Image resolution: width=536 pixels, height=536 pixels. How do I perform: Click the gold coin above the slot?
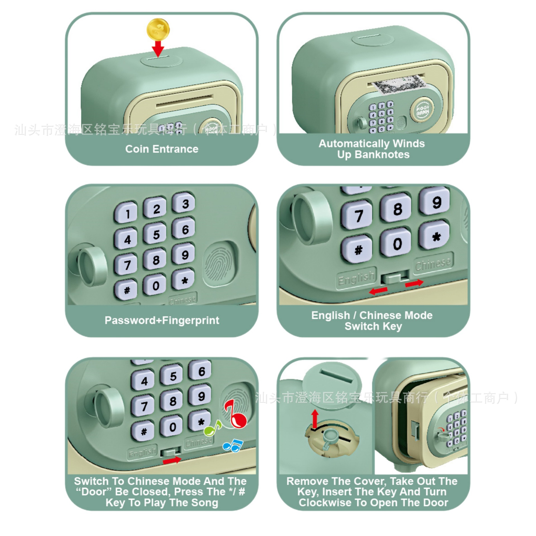(158, 30)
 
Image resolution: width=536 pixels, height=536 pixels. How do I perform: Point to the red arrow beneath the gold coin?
(158, 49)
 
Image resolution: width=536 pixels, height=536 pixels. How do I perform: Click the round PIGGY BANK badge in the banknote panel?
(423, 110)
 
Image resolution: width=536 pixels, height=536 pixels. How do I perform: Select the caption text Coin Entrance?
(162, 149)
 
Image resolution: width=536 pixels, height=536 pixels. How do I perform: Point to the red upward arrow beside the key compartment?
(315, 418)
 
